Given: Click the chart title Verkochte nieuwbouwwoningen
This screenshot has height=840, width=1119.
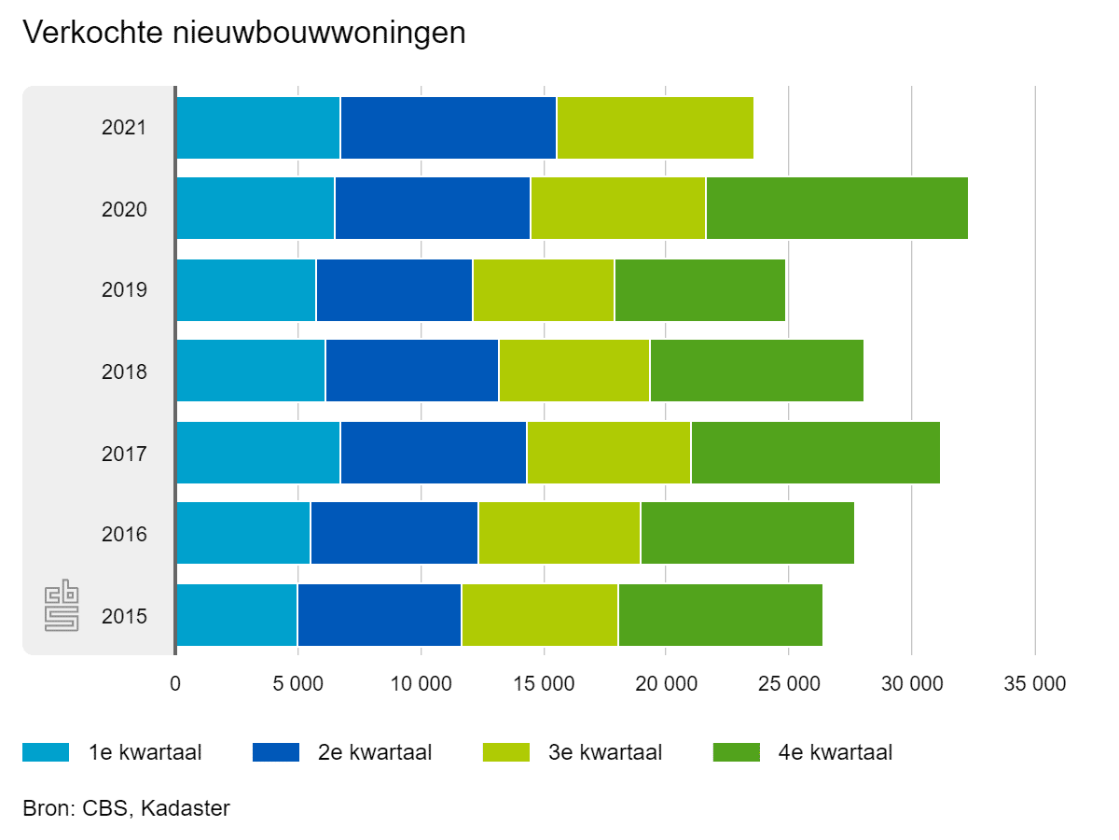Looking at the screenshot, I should [243, 34].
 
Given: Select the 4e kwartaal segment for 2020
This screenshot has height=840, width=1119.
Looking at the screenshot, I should [836, 208].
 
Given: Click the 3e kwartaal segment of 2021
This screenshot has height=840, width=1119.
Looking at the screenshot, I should [655, 127].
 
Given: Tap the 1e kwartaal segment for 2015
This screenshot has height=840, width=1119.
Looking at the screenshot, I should [236, 615].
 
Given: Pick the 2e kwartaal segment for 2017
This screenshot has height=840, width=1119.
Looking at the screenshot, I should [434, 453].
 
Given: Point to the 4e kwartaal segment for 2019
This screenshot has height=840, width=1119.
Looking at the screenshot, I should [699, 289].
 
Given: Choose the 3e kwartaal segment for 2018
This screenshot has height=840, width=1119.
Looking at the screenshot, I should [573, 371].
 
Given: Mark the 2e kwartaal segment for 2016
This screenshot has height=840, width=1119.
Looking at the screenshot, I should [394, 534].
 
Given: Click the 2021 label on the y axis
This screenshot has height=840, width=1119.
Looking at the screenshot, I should [124, 127].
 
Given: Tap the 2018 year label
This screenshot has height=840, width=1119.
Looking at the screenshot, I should [124, 371].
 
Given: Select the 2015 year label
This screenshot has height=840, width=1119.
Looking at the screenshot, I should [124, 616].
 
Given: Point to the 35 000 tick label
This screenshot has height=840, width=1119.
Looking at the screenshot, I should [1034, 684].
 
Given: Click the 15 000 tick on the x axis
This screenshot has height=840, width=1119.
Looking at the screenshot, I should [544, 684].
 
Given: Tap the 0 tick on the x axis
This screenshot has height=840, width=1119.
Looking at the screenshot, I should [175, 684].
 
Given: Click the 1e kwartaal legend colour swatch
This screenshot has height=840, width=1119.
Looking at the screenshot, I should [46, 752].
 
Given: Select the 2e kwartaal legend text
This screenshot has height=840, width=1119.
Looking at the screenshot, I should [375, 752].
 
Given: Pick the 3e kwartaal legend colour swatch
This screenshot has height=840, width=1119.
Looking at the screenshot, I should [506, 752].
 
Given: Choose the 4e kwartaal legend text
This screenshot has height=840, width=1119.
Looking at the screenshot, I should [836, 752].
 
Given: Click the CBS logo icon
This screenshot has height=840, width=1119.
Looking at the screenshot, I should [62, 607].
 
